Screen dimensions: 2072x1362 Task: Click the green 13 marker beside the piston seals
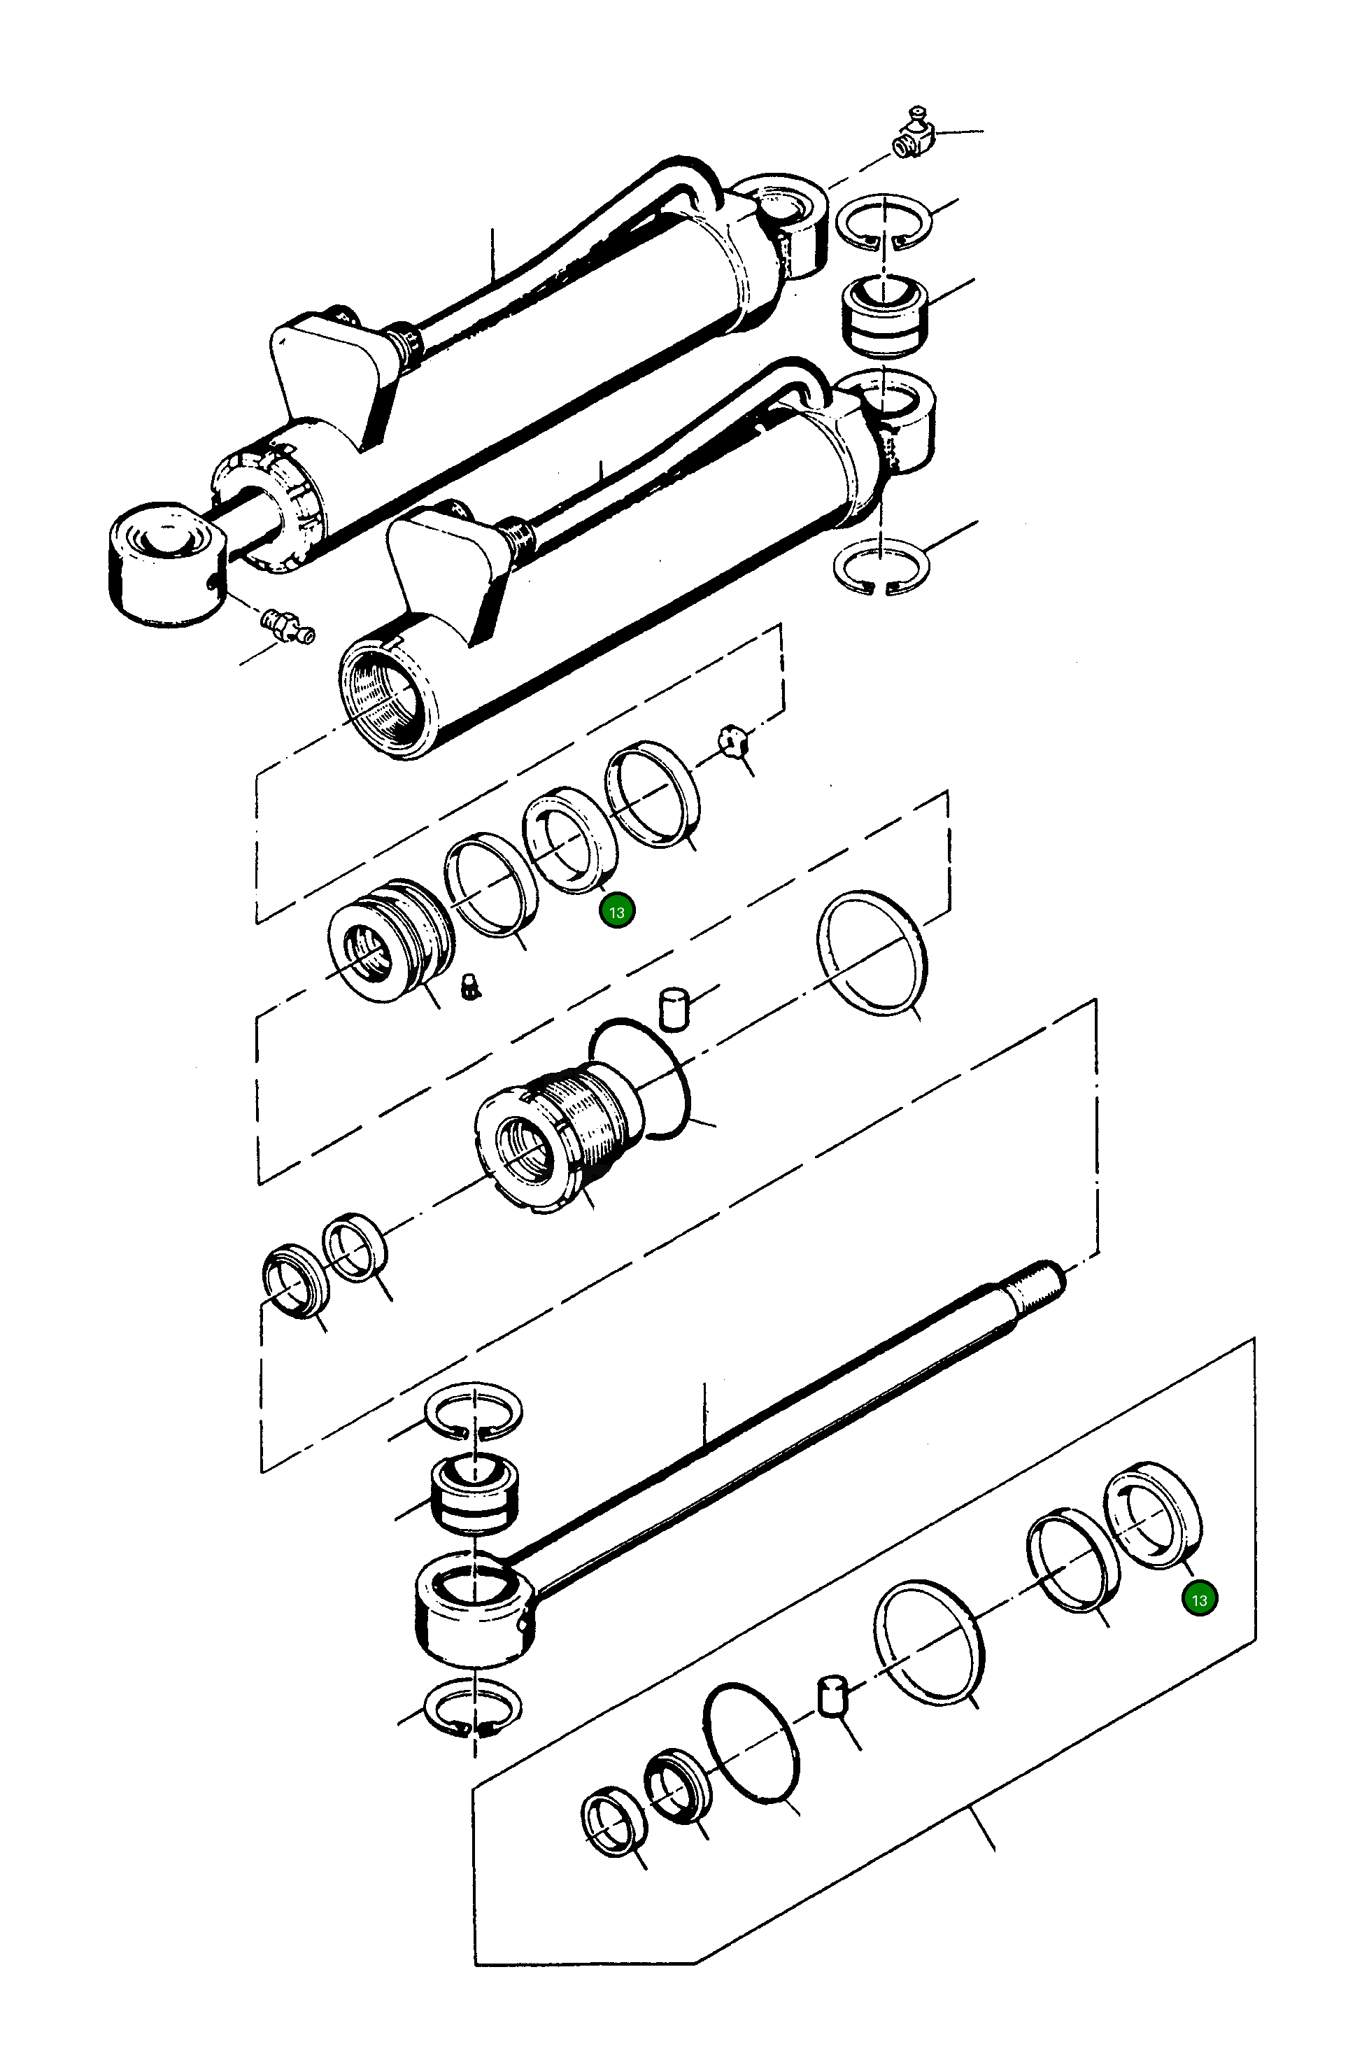click(x=617, y=912)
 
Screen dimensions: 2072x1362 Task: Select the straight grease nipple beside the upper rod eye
click(x=284, y=624)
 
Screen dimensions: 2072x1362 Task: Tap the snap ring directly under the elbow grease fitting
click(x=884, y=222)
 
